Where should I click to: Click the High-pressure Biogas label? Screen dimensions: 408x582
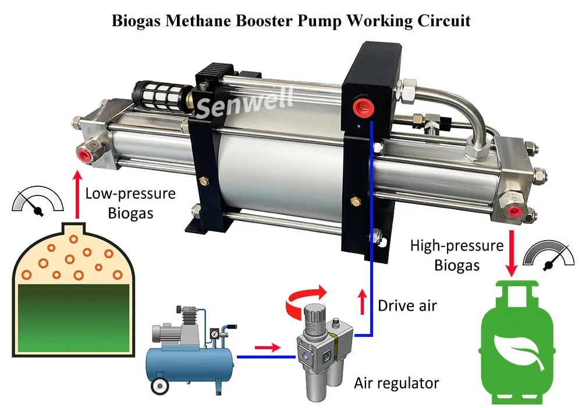(x=456, y=255)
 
